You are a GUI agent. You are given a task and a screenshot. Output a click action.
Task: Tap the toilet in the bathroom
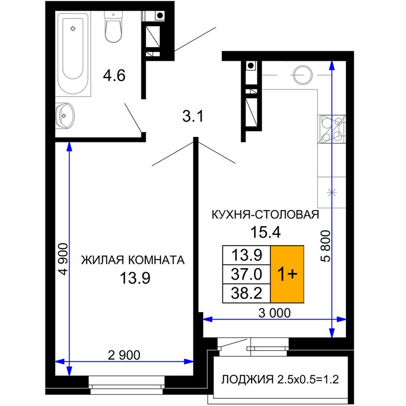coord(113,26)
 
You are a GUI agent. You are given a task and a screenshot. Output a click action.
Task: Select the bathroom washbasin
coord(65,115)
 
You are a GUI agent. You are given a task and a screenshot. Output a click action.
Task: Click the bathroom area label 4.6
coord(114,76)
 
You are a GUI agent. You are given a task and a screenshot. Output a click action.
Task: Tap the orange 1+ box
coord(287,274)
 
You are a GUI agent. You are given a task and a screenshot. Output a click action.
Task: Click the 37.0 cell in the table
coord(247,274)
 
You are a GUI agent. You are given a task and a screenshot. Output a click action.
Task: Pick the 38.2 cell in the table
coord(247,293)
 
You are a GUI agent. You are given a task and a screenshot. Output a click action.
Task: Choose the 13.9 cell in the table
coord(247,255)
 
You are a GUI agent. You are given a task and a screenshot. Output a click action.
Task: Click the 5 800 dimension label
coord(326,246)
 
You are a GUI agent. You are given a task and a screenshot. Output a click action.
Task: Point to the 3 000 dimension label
coord(274,313)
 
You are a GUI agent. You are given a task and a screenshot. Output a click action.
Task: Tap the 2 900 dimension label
coord(124,355)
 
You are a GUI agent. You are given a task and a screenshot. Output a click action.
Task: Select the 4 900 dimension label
coord(63,259)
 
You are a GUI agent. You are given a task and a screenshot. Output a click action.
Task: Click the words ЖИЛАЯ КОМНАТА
coord(133,260)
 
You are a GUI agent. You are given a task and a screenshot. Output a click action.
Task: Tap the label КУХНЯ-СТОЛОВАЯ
coord(265,215)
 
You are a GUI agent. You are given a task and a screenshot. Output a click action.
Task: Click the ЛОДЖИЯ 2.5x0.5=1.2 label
coord(280,380)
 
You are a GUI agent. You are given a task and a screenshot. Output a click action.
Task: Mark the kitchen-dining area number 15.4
coord(265,232)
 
